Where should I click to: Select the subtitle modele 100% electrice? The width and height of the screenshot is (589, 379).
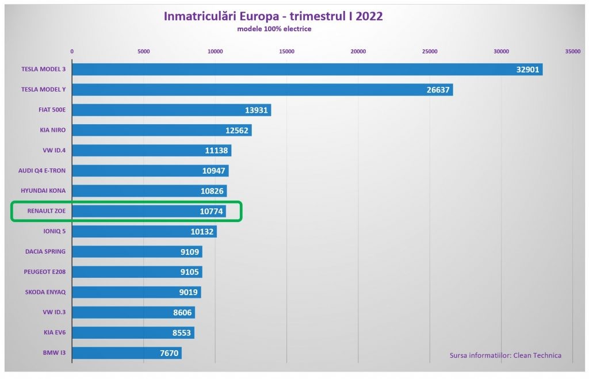[x=274, y=29]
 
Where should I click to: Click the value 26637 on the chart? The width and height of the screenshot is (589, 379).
[x=439, y=90]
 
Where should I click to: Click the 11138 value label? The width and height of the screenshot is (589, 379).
[x=217, y=151]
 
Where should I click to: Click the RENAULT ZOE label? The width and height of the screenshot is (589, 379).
[x=47, y=211]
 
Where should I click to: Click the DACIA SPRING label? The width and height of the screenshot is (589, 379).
[x=45, y=251]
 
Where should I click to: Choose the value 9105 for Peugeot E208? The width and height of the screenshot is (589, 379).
[x=189, y=272]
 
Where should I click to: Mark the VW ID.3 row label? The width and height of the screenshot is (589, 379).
[x=53, y=312]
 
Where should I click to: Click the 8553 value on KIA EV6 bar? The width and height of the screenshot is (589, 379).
[x=181, y=332]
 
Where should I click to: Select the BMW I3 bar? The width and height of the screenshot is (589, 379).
[x=115, y=353]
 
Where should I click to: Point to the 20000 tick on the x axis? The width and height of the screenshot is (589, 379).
[x=358, y=52]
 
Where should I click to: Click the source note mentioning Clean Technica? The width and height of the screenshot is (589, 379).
[x=506, y=355]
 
